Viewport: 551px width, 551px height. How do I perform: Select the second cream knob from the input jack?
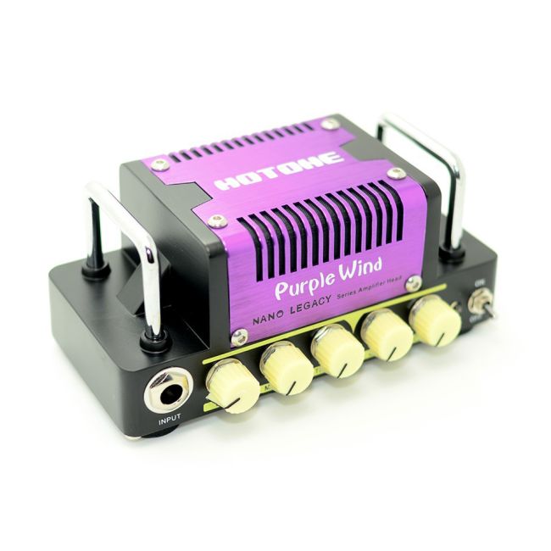287,366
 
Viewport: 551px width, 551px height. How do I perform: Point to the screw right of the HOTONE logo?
396,175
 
